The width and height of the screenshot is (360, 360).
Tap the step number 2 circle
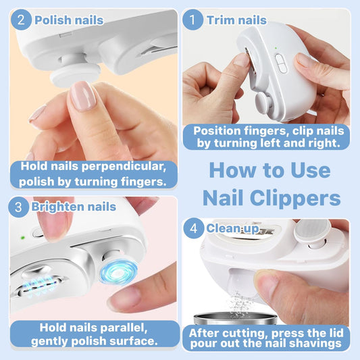coord(22,19)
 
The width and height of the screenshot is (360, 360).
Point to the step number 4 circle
coord(195,228)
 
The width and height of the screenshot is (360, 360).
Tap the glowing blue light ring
coord(118,272)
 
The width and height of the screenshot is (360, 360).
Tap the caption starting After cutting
coord(266,338)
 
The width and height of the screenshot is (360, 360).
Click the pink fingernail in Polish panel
coord(84,96)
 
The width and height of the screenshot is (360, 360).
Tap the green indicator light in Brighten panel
coord(23,237)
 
